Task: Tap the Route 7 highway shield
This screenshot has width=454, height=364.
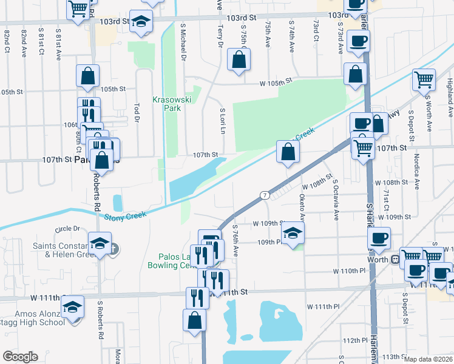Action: (x=265, y=195)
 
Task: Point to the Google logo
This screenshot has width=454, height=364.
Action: (x=20, y=357)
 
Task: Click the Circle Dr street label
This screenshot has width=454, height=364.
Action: (x=67, y=229)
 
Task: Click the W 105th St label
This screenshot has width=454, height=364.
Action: (x=276, y=81)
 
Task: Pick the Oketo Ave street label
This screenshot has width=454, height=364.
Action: (x=302, y=206)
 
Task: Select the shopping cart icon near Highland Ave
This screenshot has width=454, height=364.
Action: (x=424, y=79)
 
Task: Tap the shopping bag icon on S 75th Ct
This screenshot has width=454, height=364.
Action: (x=239, y=59)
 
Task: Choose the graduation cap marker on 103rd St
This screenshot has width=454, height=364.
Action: (x=141, y=22)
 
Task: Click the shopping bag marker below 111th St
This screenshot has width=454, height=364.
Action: (x=195, y=321)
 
